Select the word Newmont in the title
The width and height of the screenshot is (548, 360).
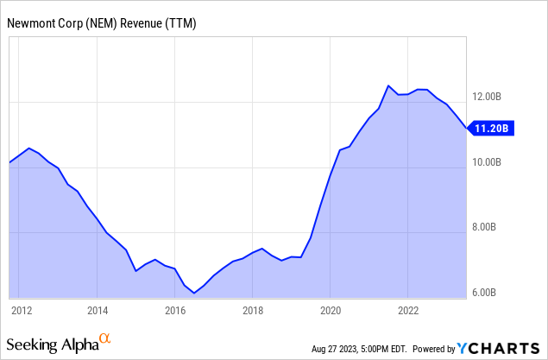coord(31,23)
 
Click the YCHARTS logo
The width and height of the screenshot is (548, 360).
coord(499,348)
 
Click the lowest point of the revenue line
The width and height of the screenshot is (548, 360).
coord(194,294)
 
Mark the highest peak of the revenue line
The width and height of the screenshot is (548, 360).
coord(388,85)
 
